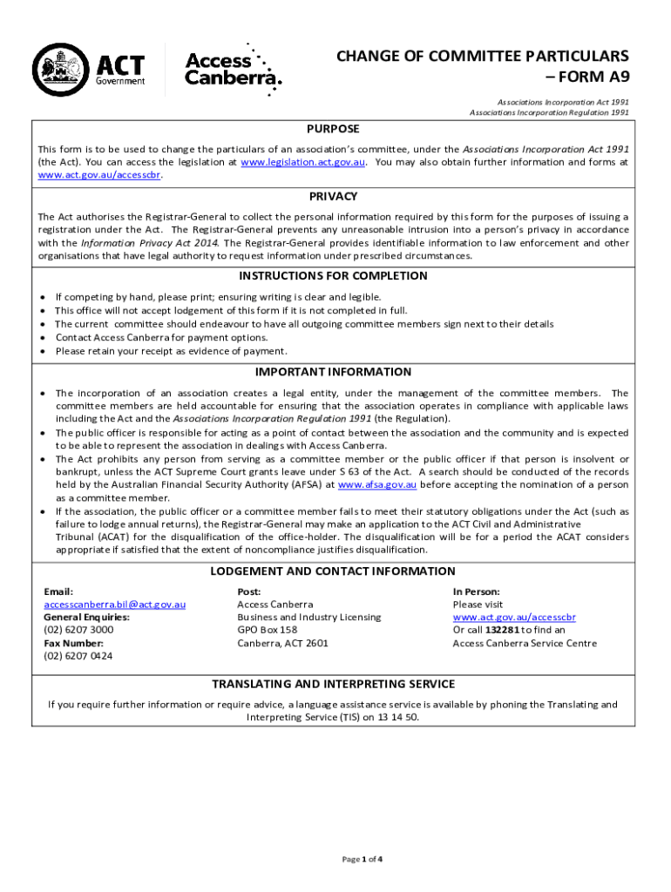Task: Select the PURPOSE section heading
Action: [x=334, y=129]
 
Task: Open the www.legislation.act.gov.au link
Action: [x=302, y=162]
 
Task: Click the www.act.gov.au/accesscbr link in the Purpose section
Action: [x=99, y=174]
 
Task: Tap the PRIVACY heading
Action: [x=334, y=196]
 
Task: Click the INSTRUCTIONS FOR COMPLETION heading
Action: [x=334, y=276]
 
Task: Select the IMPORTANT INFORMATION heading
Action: [x=334, y=372]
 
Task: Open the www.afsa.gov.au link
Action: [x=376, y=485]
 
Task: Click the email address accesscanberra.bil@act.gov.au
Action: [x=114, y=605]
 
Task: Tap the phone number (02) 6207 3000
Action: [x=78, y=630]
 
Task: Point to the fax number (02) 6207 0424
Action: [x=78, y=656]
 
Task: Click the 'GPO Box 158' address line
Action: [x=268, y=630]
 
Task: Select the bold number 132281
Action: [x=503, y=630]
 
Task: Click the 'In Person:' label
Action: [x=476, y=591]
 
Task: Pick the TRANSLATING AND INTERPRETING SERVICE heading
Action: [x=334, y=684]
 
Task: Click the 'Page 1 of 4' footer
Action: [x=362, y=859]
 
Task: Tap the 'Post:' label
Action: [x=249, y=591]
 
